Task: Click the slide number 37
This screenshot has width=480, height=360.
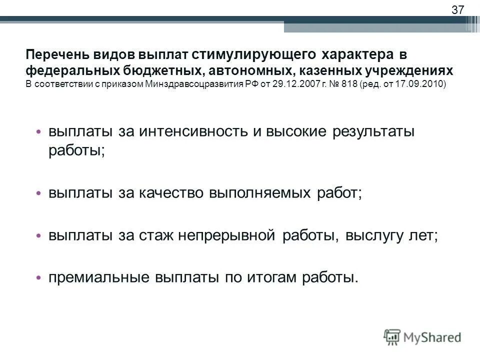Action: [457, 9]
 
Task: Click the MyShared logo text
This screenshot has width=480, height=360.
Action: [433, 337]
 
